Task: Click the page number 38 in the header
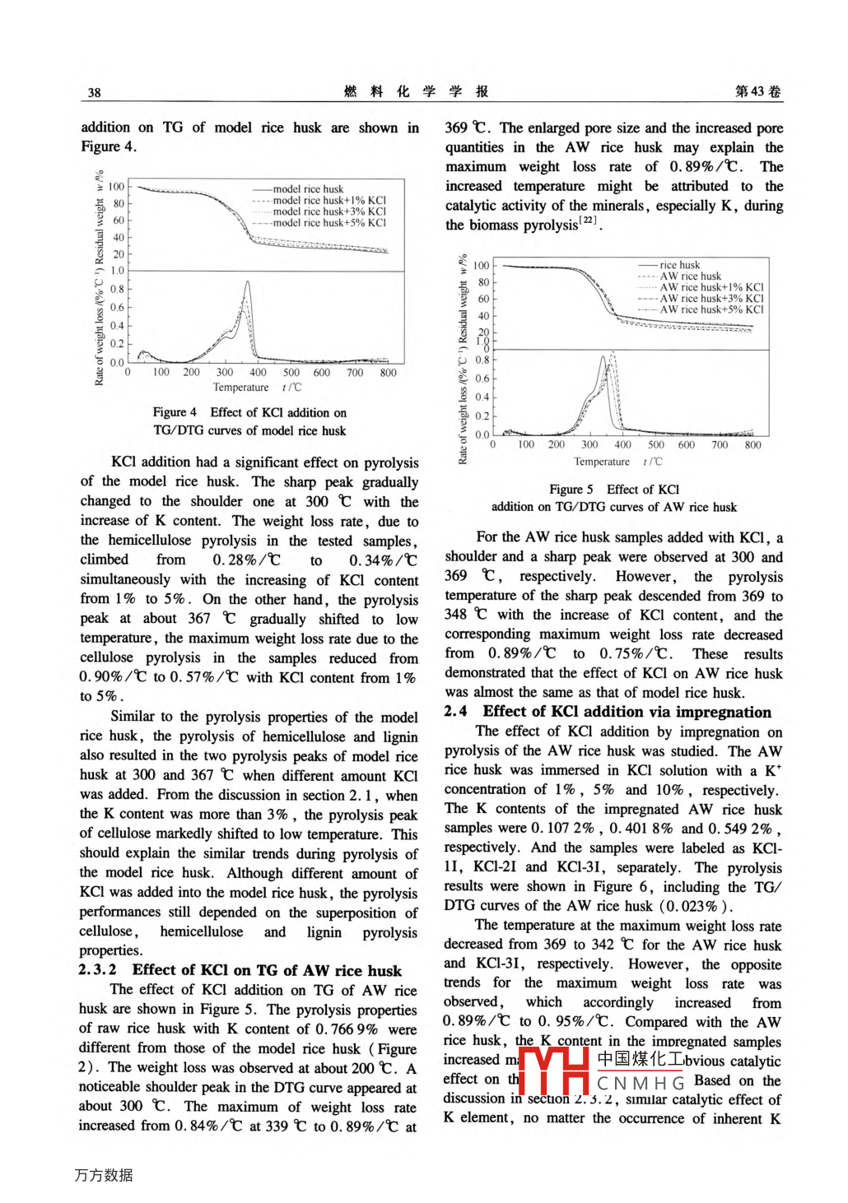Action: tap(95, 92)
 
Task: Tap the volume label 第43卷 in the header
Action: tap(757, 91)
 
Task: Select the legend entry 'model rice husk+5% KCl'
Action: tap(328, 223)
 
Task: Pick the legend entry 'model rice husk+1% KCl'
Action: tap(328, 200)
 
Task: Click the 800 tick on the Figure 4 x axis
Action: tap(388, 373)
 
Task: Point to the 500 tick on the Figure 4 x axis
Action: tap(291, 373)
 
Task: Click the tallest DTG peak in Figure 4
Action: tap(247, 283)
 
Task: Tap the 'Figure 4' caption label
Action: tap(175, 412)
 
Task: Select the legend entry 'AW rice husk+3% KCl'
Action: tap(711, 299)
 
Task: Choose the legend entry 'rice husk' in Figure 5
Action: tap(679, 265)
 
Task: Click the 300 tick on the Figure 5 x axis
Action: tap(589, 445)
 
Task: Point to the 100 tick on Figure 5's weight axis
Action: tap(481, 266)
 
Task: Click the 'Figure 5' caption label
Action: tap(571, 489)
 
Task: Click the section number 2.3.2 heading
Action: tap(98, 970)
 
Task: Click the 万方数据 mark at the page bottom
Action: tap(103, 1175)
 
